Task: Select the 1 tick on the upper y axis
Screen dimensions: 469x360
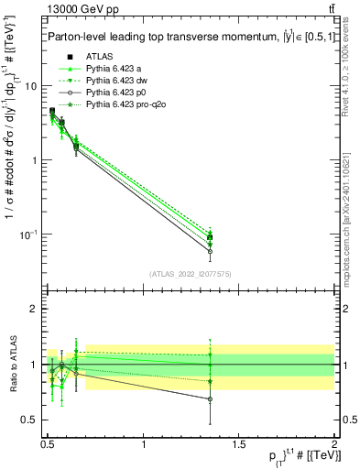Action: coord(37,160)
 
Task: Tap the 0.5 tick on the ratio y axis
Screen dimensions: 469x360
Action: coord(31,420)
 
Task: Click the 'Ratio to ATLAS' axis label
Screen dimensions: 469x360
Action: coord(12,365)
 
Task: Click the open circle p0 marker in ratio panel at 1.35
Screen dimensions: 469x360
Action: coord(211,399)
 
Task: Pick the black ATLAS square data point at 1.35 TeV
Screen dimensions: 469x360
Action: coord(211,237)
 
